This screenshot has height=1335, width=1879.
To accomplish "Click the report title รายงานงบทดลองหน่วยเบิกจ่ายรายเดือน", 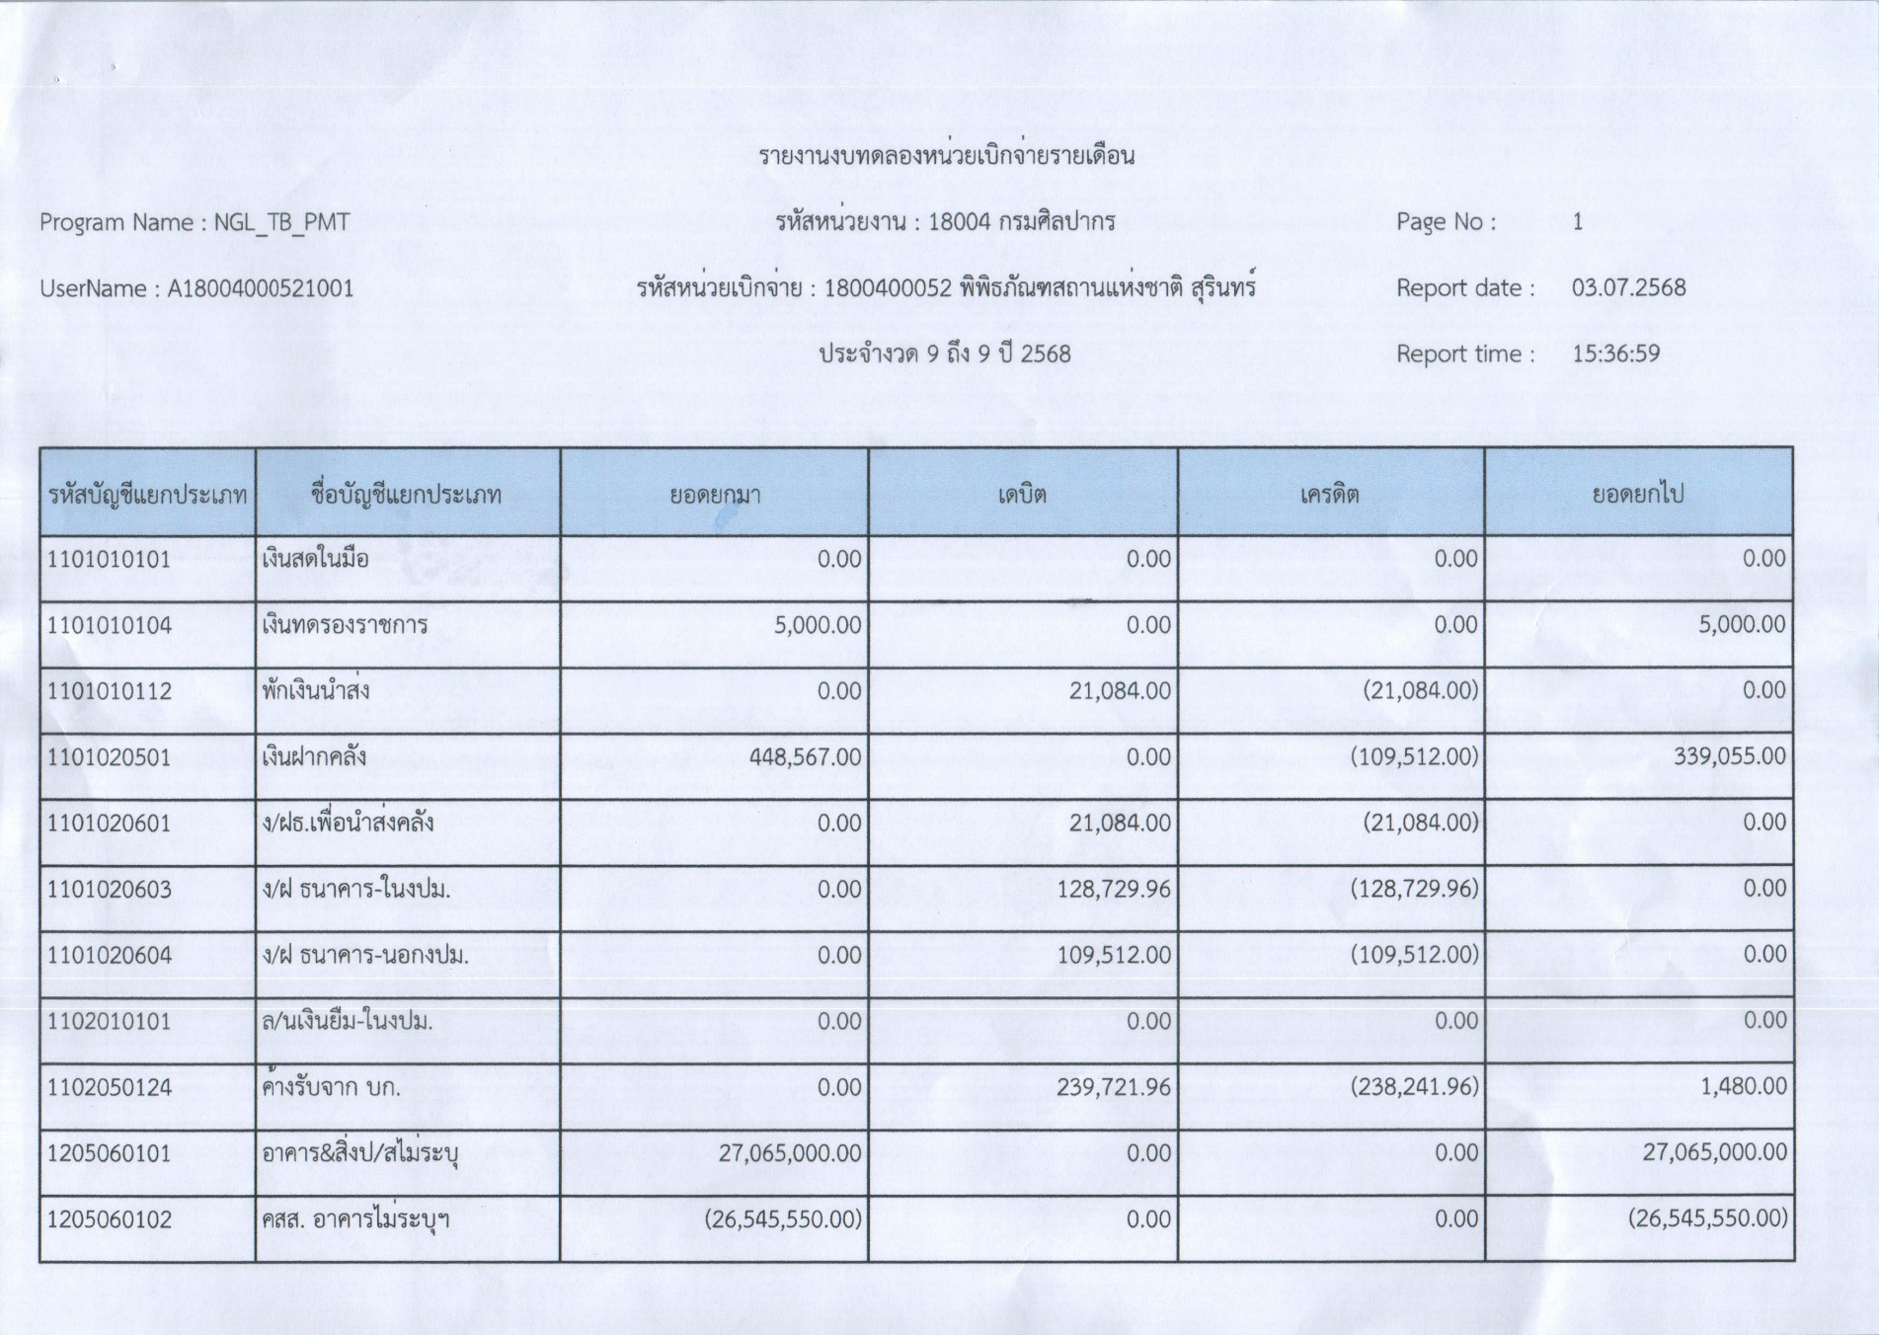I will coord(946,156).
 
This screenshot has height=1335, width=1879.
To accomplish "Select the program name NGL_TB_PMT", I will coord(281,222).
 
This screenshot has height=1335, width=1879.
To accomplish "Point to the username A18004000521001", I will coord(260,288).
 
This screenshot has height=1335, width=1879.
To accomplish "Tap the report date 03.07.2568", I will coord(1628,288).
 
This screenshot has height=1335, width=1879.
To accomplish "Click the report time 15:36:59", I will coord(1615,353).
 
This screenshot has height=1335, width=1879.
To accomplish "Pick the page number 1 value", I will coord(1577,222).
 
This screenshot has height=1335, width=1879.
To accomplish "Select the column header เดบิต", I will coord(1021,494).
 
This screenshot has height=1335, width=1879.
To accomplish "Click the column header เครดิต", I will coord(1329,494).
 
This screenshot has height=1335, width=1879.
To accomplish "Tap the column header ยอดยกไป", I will coord(1637,494).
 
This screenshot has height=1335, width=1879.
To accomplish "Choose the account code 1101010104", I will coord(110,625).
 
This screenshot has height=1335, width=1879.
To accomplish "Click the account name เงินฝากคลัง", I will coord(314,757).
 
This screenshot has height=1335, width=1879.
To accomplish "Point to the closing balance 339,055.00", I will coord(1729,757).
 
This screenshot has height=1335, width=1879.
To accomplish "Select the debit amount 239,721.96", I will coord(1113,1087).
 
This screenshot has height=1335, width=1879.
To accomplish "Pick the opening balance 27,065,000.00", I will coord(789,1152).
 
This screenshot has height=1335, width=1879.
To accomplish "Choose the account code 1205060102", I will coord(110,1219).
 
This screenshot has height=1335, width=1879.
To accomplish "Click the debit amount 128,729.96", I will coord(1113,889).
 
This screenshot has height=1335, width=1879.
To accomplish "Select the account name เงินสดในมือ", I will coord(315,559).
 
